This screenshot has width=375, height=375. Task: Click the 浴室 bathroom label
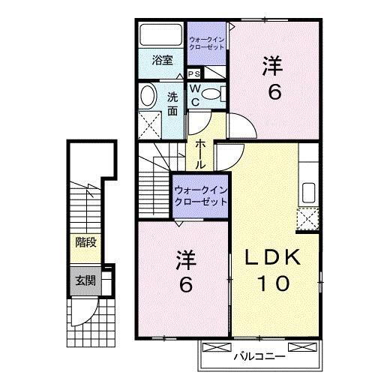pyautogui.click(x=163, y=61)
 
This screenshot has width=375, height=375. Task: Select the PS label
pyautogui.click(x=193, y=73)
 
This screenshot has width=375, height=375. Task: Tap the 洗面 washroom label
pyautogui.click(x=172, y=103)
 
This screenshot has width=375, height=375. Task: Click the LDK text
pyautogui.click(x=274, y=257)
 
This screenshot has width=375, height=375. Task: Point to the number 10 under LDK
pyautogui.click(x=274, y=284)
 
